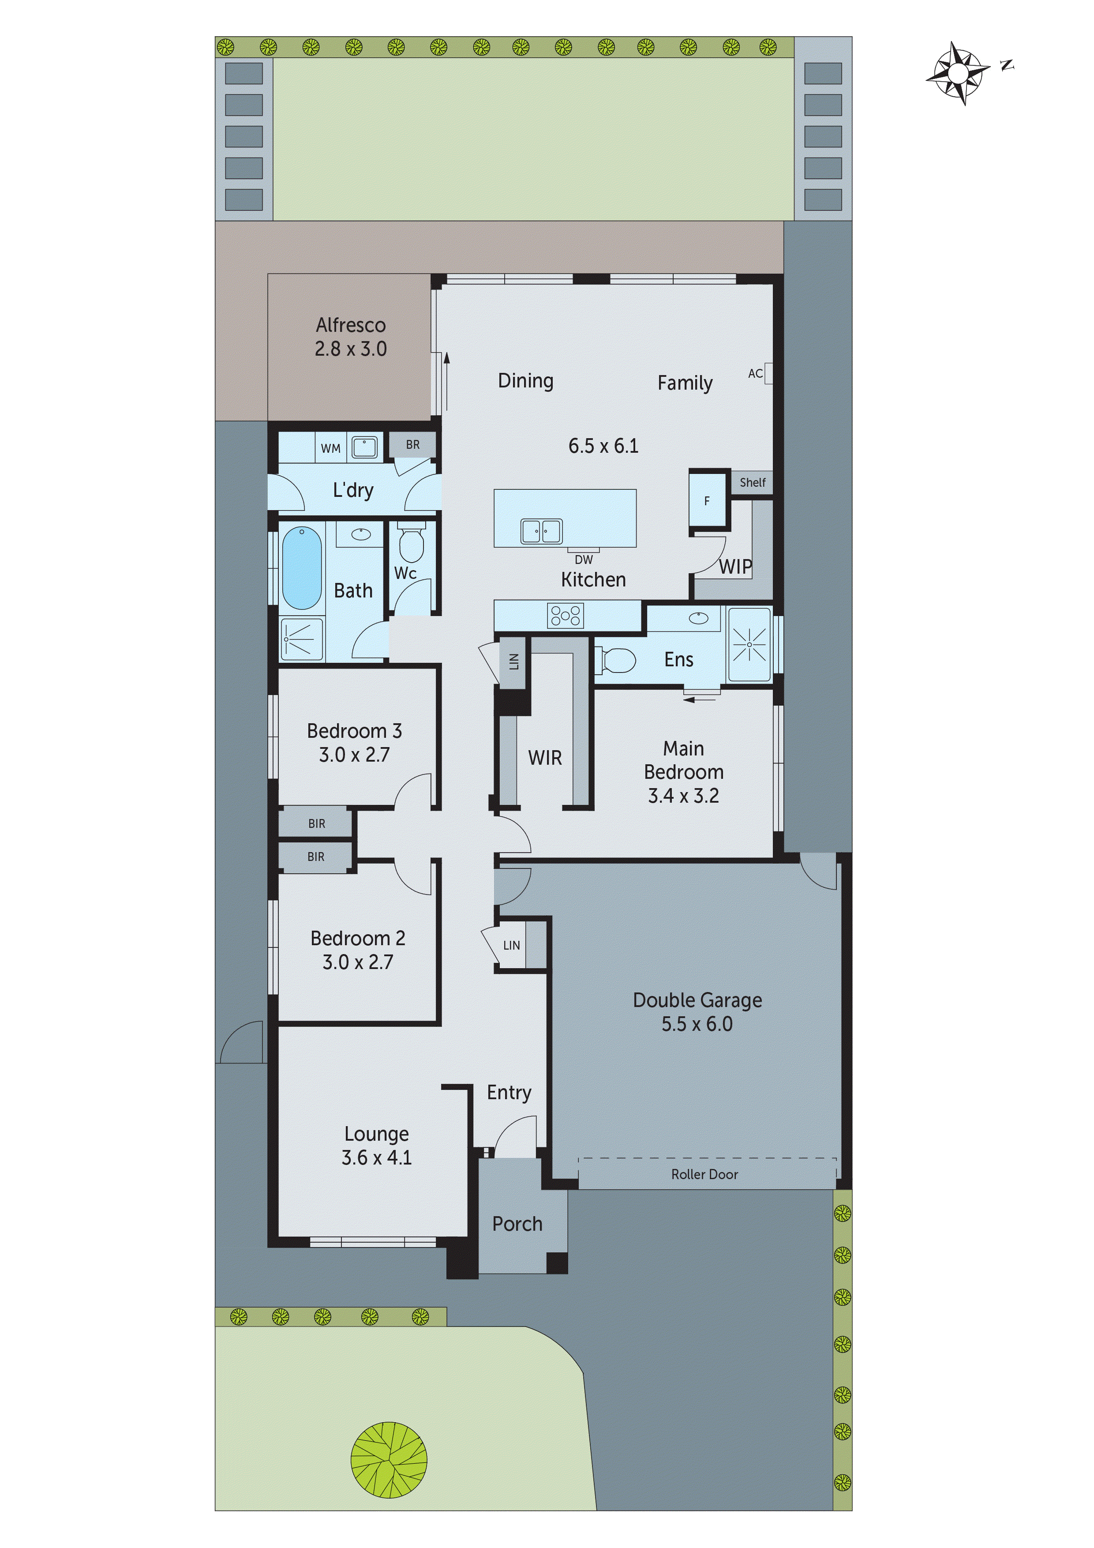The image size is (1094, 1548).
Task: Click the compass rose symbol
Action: coord(958,73)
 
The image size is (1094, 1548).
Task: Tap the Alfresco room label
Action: coord(351,325)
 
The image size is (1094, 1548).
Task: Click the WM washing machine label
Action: coord(330,448)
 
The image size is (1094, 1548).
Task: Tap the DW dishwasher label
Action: coord(584,559)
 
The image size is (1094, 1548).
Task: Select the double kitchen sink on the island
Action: coord(541,531)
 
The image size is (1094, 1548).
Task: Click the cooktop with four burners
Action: coord(566,615)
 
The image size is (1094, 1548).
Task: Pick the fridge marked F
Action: coord(707,501)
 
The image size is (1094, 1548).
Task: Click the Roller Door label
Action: coord(704,1175)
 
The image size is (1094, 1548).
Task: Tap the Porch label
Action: coord(517,1224)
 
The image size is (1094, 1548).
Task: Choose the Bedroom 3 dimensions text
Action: coord(355,755)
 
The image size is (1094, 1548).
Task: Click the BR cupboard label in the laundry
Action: coord(412,445)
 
